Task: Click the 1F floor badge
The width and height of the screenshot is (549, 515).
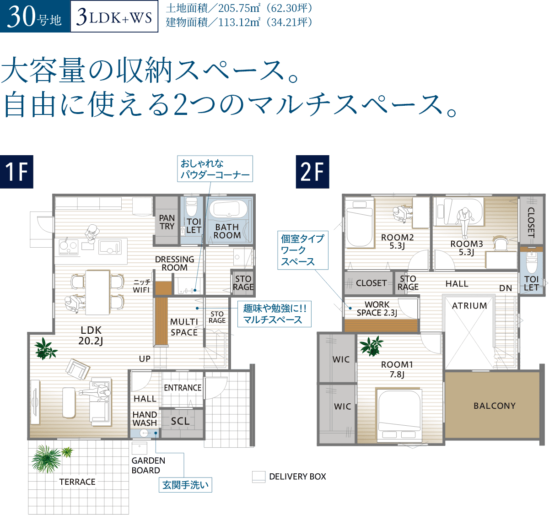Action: [16, 172]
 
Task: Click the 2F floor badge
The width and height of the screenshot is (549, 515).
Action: [312, 172]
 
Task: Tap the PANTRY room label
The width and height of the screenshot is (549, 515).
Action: [167, 222]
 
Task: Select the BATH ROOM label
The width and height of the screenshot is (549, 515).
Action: [227, 231]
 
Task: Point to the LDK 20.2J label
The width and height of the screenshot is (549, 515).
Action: [91, 335]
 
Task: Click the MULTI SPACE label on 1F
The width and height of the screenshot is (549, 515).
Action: [184, 327]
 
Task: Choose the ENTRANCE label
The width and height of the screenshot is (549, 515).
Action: [183, 388]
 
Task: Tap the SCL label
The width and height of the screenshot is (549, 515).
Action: [180, 421]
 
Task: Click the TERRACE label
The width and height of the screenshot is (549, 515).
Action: [77, 482]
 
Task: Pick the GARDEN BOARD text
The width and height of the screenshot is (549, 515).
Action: [148, 465]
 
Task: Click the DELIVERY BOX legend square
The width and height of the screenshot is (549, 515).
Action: [258, 477]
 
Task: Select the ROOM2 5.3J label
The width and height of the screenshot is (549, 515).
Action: [397, 241]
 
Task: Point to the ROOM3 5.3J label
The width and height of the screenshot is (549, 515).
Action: [466, 248]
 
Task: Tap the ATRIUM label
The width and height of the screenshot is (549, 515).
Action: [469, 305]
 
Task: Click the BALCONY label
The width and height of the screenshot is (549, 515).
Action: [494, 406]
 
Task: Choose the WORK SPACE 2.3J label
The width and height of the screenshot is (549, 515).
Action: [377, 309]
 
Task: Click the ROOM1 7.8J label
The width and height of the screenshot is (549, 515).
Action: [397, 369]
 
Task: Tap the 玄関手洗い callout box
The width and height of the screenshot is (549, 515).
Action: [186, 485]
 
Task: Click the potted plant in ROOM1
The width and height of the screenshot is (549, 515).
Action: [371, 346]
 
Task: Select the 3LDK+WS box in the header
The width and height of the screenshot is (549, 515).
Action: [114, 17]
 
